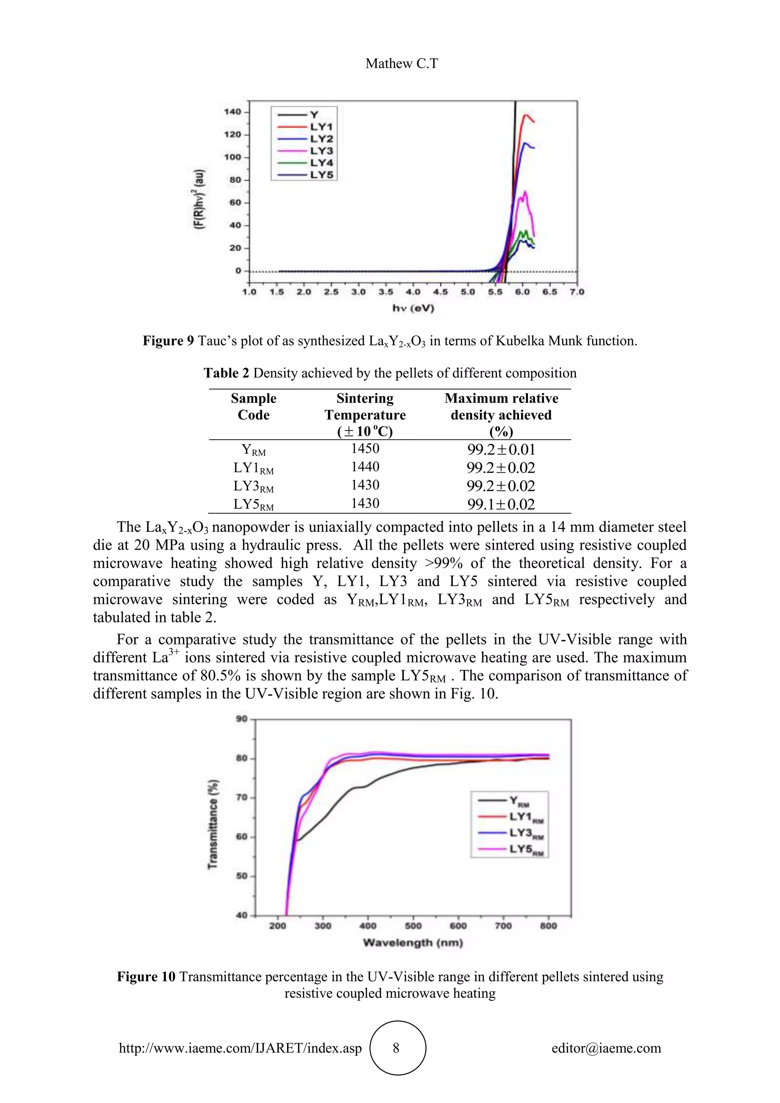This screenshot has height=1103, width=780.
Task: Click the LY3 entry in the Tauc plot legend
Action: click(x=321, y=151)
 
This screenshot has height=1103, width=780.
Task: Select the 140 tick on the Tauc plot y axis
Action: click(x=232, y=112)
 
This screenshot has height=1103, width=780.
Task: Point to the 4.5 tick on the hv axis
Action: click(x=440, y=292)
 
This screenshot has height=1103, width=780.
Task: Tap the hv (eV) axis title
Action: click(x=413, y=309)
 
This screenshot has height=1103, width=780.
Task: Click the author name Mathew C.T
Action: click(x=401, y=63)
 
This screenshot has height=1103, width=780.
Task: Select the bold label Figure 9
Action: click(x=168, y=341)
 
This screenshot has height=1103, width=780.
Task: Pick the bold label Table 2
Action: click(x=226, y=373)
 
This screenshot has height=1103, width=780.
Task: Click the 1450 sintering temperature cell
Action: click(x=365, y=449)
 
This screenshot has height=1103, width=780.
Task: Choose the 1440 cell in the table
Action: click(x=365, y=467)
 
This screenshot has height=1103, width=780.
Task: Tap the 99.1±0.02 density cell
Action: click(x=501, y=504)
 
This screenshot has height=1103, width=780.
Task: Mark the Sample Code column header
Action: click(x=254, y=406)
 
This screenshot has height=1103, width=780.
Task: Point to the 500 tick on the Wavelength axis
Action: click(x=413, y=926)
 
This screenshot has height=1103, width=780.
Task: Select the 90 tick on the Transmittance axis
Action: click(x=241, y=719)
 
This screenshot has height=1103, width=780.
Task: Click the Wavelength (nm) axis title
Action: click(x=413, y=943)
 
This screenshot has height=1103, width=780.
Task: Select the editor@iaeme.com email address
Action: click(x=606, y=1048)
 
